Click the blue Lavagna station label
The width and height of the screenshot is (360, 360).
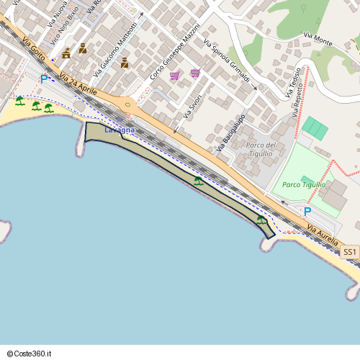[x=119, y=130]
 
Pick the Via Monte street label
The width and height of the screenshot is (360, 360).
[x=318, y=39]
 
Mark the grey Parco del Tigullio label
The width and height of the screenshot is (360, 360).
[x=259, y=149]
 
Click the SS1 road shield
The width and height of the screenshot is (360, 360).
[x=349, y=252]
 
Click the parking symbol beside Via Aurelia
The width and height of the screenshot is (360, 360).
[x=307, y=212]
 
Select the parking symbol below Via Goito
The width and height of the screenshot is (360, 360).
[x=44, y=78]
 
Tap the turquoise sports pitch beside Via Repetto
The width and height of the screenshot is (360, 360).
[x=315, y=128]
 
